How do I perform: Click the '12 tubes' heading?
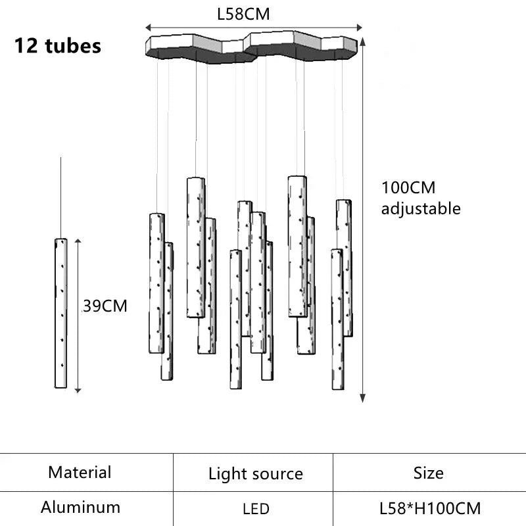click(58, 46)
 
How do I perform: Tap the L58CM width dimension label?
click(244, 14)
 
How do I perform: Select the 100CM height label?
click(408, 187)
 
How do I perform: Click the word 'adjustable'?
click(421, 209)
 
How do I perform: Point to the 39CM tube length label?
click(105, 306)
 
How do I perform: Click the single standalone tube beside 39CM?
click(61, 313)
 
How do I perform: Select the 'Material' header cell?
click(80, 472)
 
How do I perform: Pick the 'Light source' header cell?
click(256, 473)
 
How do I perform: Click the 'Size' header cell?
click(429, 473)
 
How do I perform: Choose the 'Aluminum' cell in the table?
click(80, 507)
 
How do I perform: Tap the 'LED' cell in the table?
click(256, 508)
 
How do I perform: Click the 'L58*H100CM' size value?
click(430, 508)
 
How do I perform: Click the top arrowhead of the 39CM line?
click(78, 241)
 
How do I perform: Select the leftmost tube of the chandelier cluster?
click(156, 283)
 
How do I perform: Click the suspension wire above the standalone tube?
click(61, 197)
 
